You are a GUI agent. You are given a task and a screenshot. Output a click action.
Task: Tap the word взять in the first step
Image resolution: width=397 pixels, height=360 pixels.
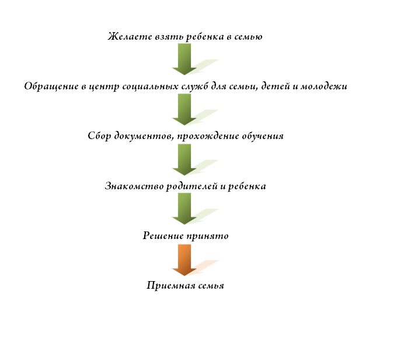pos(169,37)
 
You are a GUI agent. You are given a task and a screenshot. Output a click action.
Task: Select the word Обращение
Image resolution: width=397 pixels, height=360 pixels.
pos(51,86)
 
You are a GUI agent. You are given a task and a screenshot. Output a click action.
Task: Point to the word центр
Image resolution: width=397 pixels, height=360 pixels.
pos(104,87)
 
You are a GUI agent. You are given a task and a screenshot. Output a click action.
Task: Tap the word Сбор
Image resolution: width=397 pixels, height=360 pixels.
pos(99,136)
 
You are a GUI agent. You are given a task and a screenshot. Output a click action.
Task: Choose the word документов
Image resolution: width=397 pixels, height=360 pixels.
pos(144,136)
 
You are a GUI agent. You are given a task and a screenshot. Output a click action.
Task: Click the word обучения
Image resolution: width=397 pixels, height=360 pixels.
pos(263,136)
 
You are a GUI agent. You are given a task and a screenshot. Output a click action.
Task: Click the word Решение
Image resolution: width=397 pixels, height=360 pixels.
pos(163,236)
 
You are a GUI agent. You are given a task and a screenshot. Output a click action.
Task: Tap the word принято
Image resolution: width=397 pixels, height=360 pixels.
pos(208,236)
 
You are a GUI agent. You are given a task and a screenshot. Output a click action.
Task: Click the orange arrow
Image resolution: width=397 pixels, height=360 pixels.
pos(184,260)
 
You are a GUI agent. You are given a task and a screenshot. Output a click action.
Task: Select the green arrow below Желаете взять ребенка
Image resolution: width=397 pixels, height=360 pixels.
pos(184,59)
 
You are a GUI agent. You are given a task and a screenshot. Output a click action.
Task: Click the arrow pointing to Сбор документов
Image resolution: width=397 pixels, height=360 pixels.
pos(184,109)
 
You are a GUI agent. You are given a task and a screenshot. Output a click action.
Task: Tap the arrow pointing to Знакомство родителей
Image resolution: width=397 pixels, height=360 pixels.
pos(184,160)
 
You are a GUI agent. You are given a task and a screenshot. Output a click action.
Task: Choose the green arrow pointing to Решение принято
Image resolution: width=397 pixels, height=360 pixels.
pos(184,209)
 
